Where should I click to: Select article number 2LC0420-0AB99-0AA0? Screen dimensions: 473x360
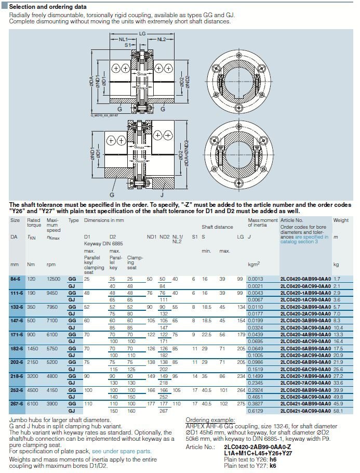pos(305,279)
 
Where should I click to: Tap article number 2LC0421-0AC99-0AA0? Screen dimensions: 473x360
pos(305,411)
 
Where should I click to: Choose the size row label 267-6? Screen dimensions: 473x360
pos(18,403)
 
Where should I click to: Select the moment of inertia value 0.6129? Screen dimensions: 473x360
pos(256,411)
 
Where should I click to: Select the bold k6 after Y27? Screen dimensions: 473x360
pos(273,466)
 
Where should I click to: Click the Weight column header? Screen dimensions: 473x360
pos(341,220)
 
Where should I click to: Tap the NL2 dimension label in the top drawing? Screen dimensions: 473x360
pos(161,40)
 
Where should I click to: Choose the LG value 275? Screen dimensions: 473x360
pos(240,403)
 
